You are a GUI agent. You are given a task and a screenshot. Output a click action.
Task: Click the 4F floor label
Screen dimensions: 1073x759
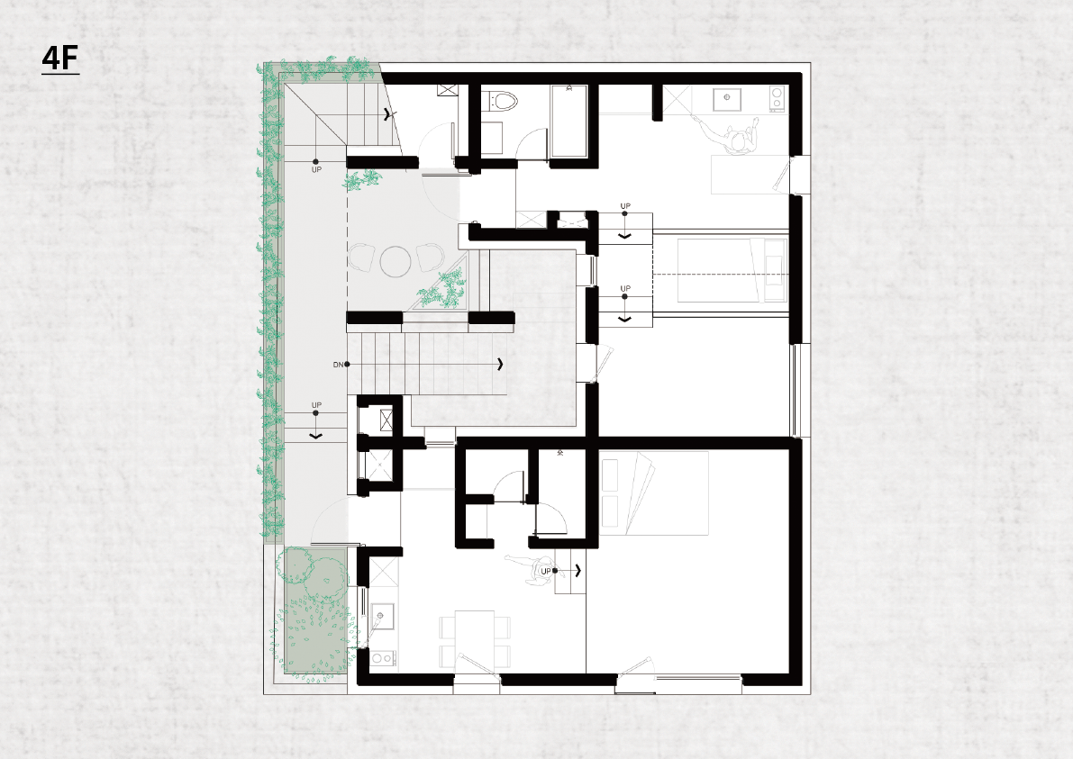[x=60, y=59]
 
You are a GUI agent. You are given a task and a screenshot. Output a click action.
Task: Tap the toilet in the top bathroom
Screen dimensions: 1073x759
[x=505, y=100]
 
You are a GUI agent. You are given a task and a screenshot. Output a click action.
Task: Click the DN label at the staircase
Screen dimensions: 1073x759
[x=338, y=365]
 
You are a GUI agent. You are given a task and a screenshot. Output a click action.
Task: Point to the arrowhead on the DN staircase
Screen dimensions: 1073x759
[x=501, y=364]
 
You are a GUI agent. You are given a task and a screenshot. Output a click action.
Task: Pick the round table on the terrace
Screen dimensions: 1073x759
[x=396, y=260]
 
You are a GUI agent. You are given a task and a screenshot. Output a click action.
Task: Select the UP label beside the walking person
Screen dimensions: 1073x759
[x=545, y=571]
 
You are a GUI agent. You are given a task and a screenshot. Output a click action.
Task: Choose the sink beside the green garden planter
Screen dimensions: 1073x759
[x=383, y=615]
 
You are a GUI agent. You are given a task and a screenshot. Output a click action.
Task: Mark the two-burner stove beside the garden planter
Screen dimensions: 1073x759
[x=383, y=658]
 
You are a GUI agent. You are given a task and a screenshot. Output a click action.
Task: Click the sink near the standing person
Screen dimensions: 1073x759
[x=727, y=98]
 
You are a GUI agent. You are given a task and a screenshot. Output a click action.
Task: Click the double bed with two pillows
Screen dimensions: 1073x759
[x=654, y=492]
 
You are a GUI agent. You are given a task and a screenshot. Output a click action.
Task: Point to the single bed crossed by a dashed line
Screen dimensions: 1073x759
[x=732, y=269]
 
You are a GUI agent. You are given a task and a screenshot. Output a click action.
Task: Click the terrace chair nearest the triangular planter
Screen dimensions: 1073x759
[x=430, y=258]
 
